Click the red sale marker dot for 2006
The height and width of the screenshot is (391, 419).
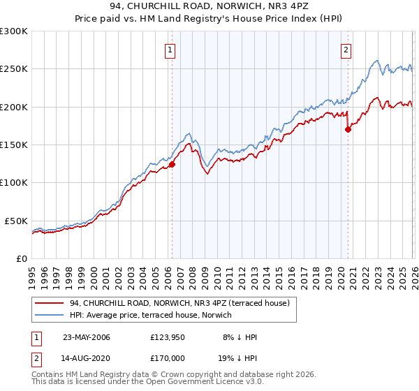(172, 165)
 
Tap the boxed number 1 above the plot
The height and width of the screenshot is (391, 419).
(171, 50)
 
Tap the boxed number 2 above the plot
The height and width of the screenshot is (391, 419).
(346, 50)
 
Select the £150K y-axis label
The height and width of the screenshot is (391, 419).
(13, 145)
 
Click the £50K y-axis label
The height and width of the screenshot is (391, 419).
(15, 221)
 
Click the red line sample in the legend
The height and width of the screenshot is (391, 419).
(50, 303)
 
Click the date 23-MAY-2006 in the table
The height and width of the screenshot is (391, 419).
(87, 337)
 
